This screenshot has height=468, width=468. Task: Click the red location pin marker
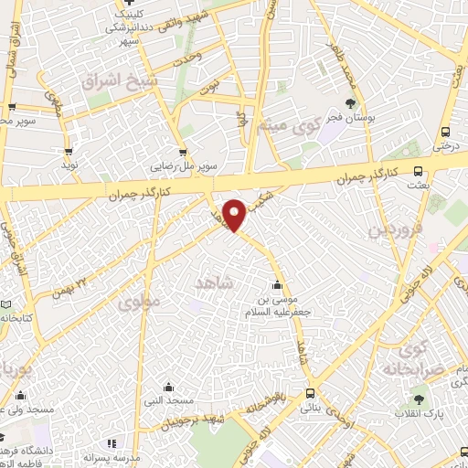click(235, 214)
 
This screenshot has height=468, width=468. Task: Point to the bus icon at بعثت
click(419, 170)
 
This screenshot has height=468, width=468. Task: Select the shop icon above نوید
click(69, 152)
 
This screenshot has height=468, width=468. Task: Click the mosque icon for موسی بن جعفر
click(278, 285)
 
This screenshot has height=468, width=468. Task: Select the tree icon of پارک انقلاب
click(419, 399)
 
